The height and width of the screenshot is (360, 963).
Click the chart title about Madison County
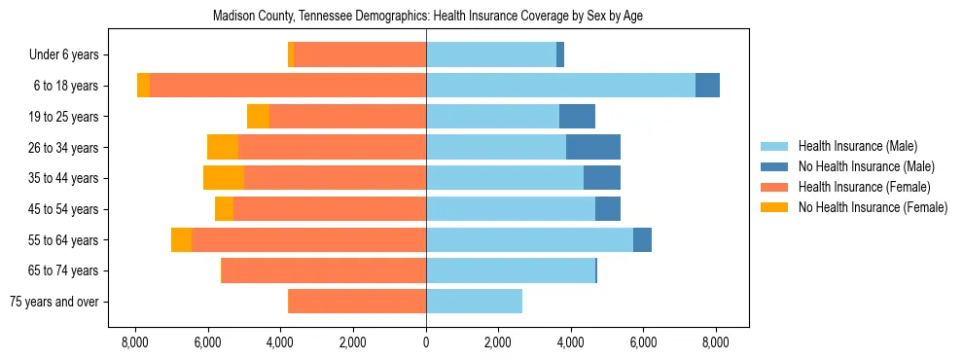click(427, 17)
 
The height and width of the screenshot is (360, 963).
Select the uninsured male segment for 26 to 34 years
click(593, 148)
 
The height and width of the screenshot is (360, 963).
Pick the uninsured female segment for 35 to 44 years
click(224, 178)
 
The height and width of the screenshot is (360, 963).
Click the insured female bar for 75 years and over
click(357, 302)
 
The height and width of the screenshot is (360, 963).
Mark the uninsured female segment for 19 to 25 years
click(258, 117)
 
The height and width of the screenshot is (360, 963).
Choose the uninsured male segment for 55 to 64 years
click(642, 240)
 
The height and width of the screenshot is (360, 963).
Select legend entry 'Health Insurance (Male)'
click(857, 146)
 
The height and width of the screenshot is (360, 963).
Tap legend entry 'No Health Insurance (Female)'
click(873, 207)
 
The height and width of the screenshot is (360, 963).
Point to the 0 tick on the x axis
click(426, 342)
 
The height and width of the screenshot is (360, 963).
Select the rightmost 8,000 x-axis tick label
click(716, 342)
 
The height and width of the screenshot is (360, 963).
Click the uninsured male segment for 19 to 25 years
click(577, 117)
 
